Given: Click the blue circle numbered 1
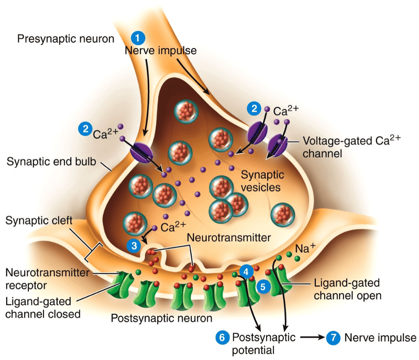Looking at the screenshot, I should (x=138, y=38).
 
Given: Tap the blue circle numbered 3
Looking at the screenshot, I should (x=135, y=245).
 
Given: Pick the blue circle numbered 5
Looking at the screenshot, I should (x=263, y=287).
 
